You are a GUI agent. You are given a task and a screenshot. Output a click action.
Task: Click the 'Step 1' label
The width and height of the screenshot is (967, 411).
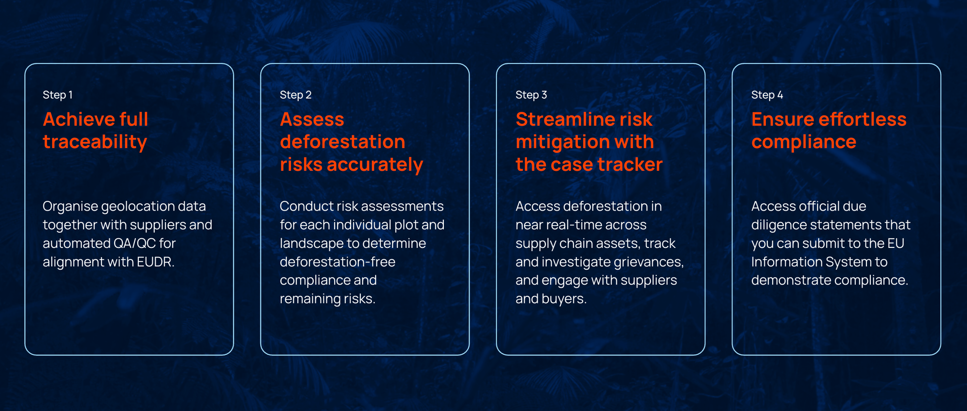[58, 95]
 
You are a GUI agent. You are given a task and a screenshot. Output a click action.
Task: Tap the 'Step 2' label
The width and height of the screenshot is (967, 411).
[295, 95]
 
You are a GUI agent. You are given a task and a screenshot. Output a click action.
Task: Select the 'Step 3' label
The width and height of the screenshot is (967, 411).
[531, 95]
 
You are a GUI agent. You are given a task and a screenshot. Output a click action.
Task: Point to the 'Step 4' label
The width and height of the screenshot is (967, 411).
[767, 95]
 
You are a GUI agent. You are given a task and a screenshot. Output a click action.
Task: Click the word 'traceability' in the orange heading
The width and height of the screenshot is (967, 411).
[95, 142]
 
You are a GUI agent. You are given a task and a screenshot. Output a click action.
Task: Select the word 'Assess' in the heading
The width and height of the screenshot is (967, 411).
[312, 120]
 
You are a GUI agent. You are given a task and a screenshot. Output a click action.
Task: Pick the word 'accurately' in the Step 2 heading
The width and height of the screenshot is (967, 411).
[375, 165]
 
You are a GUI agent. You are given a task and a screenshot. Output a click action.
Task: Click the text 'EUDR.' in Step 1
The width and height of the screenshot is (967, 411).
[156, 262]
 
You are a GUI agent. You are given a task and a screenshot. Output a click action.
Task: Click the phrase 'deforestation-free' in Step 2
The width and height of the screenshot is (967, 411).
[337, 262]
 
